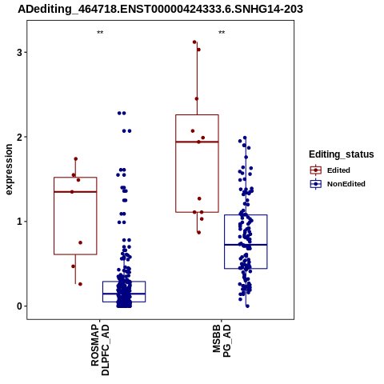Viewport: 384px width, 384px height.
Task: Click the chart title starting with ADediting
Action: pos(161,10)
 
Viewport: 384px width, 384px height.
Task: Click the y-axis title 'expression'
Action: pos(9,170)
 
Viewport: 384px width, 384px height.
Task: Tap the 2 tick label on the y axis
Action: pos(19,137)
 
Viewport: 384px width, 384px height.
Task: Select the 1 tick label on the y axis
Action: pos(19,222)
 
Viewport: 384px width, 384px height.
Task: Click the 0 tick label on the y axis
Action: pos(19,306)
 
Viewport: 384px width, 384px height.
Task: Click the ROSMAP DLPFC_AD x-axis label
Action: pos(100,350)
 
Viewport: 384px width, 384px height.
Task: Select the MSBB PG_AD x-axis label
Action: pos(222,341)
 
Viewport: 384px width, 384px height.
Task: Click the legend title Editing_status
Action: pos(342,154)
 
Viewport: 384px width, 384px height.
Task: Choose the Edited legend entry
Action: pos(330,170)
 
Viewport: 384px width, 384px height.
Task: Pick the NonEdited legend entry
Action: pos(338,184)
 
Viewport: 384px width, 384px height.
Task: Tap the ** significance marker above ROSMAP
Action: pos(100,33)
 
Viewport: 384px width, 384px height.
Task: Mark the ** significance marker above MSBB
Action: pos(222,33)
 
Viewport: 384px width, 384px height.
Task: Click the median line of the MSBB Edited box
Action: pos(197,142)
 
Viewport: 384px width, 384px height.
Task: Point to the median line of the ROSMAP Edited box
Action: pos(75,192)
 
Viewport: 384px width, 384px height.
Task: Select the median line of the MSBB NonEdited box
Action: pos(246,245)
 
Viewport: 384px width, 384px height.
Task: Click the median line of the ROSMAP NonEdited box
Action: pos(124,294)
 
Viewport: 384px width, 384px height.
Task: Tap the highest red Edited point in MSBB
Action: pos(194,42)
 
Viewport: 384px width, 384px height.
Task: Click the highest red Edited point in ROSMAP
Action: pos(76,159)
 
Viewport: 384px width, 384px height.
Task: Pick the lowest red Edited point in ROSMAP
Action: pos(80,284)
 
